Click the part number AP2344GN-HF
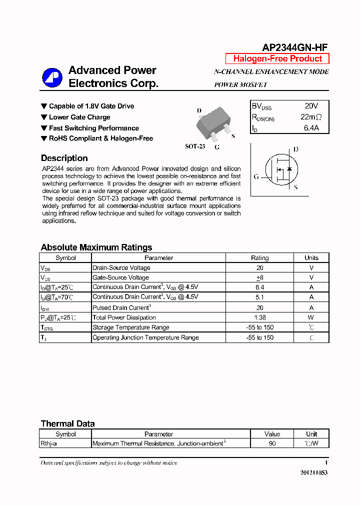[x=295, y=47]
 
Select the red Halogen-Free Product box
[x=277, y=58]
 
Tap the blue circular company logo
[x=51, y=77]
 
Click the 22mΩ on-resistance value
[x=311, y=117]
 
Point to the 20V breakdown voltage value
[x=311, y=106]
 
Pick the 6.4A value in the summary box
[x=311, y=128]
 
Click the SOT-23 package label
[x=195, y=146]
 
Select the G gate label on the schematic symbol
[x=256, y=176]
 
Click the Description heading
[x=64, y=158]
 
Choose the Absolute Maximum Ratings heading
[x=96, y=247]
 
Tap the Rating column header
[x=259, y=258]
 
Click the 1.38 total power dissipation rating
[x=259, y=317]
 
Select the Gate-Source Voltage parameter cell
[x=121, y=277]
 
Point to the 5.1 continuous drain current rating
[x=259, y=297]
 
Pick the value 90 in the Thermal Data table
[x=272, y=443]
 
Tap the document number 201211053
[x=314, y=472]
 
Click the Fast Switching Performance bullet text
[x=93, y=128]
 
